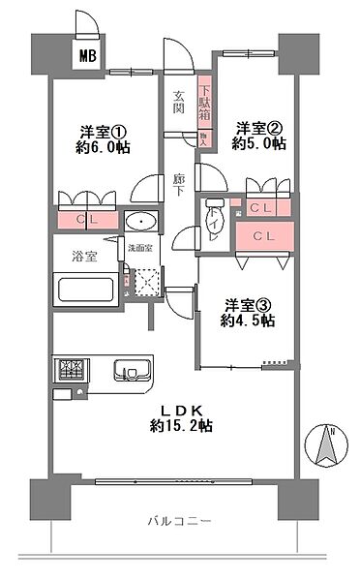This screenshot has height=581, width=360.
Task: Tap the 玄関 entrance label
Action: click(179, 102)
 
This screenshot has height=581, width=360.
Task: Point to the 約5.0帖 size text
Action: click(258, 142)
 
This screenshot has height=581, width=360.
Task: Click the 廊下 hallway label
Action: click(179, 183)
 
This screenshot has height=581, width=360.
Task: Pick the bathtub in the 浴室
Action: click(84, 290)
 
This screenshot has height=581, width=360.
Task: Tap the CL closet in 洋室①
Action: click(87, 220)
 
